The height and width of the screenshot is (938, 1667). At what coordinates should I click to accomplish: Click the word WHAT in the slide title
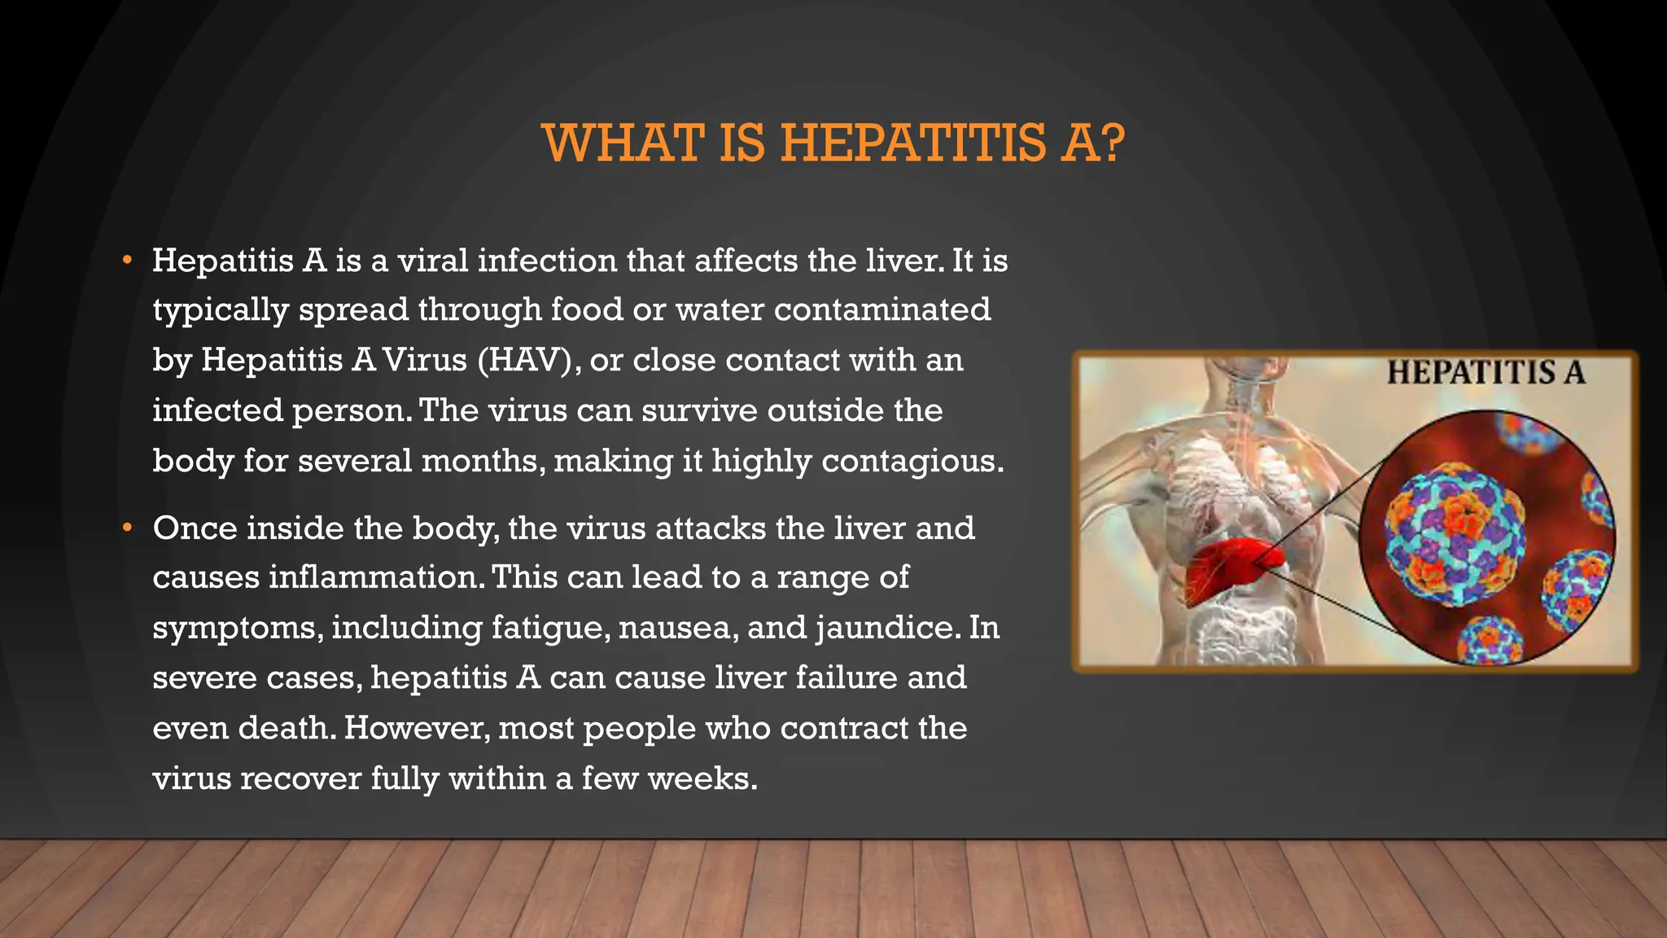pyautogui.click(x=623, y=143)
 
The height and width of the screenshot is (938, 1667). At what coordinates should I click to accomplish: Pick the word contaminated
pyautogui.click(x=882, y=309)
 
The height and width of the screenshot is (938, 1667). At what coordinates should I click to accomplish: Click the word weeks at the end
pyautogui.click(x=702, y=778)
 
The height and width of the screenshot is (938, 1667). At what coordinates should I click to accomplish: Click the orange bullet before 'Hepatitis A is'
pyautogui.click(x=126, y=261)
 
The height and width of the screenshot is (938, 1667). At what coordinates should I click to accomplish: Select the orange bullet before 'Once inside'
pyautogui.click(x=126, y=528)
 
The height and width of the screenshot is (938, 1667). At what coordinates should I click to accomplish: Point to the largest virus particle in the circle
pyautogui.click(x=1454, y=534)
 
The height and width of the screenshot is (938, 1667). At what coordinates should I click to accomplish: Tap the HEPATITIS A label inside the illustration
pyautogui.click(x=1485, y=373)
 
